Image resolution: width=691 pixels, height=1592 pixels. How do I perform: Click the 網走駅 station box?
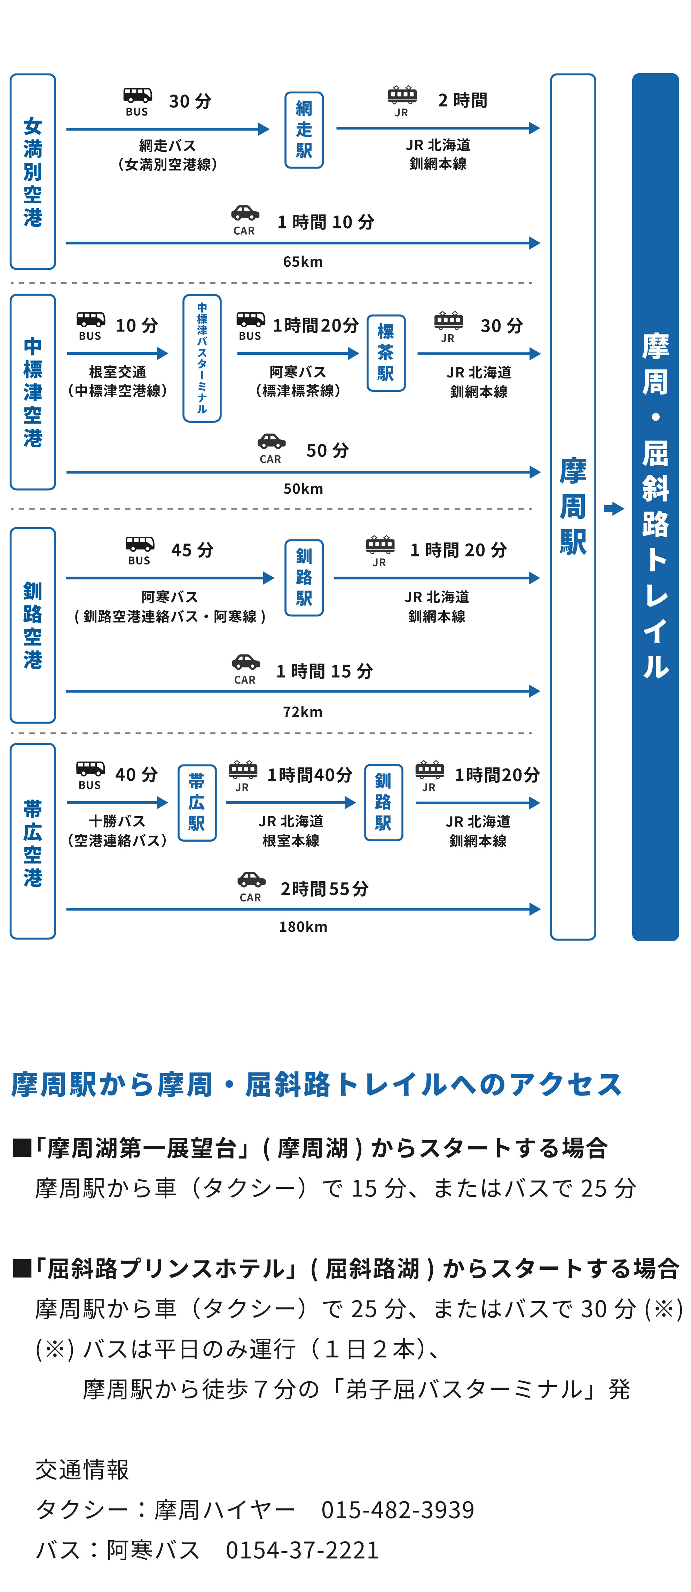304,130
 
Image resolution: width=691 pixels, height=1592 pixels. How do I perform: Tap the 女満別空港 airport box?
33,171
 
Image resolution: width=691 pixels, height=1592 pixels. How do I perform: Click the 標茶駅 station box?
386,353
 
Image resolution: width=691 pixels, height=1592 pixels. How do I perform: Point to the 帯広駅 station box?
197,802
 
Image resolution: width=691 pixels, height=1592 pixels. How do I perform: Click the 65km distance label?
303,262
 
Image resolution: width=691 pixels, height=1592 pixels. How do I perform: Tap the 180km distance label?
303,926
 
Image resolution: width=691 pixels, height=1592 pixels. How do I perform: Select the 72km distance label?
303,711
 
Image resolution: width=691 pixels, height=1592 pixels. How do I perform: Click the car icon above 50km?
271,441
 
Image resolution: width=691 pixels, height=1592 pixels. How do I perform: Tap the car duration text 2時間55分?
324,889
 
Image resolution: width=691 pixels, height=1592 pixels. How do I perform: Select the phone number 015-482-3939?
398,1509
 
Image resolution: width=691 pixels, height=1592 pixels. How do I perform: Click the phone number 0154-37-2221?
302,1550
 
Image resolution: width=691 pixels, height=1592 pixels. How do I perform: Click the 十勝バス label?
117,821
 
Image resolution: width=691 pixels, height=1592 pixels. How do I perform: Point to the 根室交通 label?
117,372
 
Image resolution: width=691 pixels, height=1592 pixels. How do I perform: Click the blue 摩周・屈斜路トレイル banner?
655,507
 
